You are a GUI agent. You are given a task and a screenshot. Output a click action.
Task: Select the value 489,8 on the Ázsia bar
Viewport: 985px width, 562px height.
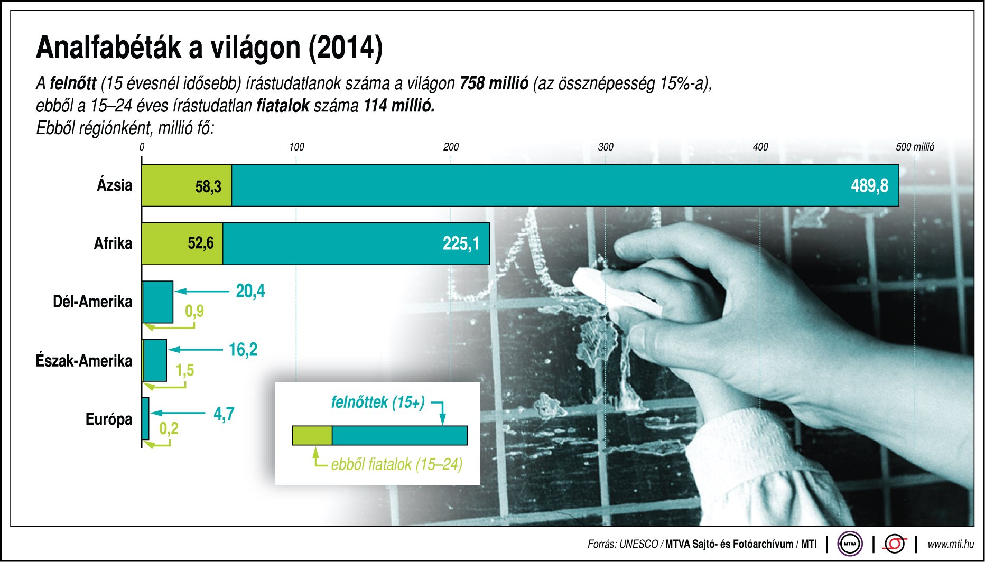(869, 186)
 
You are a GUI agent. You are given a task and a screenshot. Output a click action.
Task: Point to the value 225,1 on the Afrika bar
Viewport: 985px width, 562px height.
(461, 243)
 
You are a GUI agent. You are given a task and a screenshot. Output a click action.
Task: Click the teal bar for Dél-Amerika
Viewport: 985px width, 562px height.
(158, 302)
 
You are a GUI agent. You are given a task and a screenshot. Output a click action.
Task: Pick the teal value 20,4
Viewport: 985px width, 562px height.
(250, 291)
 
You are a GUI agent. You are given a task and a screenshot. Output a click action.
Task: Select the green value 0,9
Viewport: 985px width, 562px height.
(194, 311)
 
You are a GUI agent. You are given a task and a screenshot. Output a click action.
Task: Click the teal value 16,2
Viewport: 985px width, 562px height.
(243, 350)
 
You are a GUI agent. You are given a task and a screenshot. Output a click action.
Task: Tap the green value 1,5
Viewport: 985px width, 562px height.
(185, 370)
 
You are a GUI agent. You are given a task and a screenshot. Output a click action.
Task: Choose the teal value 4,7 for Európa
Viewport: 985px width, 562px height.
(224, 414)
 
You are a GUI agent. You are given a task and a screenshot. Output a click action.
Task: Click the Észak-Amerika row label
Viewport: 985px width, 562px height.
(84, 361)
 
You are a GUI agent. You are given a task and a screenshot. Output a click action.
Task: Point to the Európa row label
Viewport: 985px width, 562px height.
(109, 419)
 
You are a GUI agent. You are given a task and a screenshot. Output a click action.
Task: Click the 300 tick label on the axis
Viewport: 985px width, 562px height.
(606, 147)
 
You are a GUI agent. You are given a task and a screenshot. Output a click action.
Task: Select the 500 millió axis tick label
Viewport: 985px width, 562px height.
(915, 147)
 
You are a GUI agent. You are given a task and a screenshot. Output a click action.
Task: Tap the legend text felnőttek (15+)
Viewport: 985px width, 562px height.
(378, 402)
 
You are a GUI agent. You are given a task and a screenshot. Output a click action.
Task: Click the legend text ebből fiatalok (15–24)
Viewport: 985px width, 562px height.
(396, 464)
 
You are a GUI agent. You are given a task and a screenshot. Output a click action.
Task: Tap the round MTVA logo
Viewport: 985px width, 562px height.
(850, 544)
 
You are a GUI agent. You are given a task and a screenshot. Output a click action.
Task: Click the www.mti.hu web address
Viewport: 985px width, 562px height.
(951, 544)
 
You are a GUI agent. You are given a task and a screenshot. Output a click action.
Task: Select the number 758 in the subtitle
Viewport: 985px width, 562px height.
(471, 83)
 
